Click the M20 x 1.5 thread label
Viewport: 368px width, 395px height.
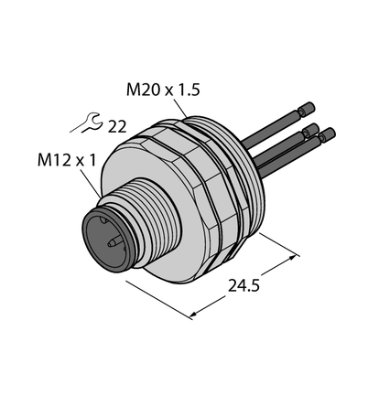[x=163, y=91]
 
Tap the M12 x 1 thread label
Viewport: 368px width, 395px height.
[x=67, y=160]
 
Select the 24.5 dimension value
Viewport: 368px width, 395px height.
[x=244, y=286]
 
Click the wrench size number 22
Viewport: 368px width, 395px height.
[x=117, y=127]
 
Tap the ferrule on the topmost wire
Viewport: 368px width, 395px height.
[x=307, y=109]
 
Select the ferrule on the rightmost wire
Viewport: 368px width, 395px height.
[x=327, y=134]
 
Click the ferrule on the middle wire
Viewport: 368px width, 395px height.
[x=310, y=131]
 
